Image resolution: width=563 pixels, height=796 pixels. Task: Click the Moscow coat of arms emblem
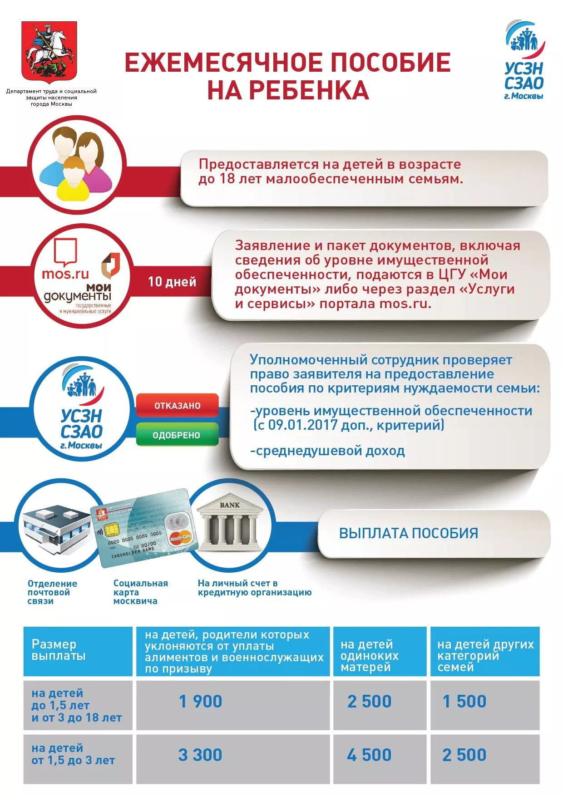(x=49, y=51)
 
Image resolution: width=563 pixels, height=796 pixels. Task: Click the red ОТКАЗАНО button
(x=177, y=406)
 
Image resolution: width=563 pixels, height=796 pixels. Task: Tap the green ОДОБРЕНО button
(x=177, y=435)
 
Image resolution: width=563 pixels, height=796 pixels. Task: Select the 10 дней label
(x=172, y=282)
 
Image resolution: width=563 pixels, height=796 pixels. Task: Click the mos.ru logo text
(x=65, y=274)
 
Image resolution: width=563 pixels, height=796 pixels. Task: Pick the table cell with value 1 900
(x=201, y=702)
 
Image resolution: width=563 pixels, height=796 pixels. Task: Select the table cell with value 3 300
(x=200, y=755)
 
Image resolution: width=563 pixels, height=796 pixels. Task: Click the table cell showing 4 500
(x=369, y=755)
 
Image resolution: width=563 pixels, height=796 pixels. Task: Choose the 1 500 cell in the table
(x=464, y=702)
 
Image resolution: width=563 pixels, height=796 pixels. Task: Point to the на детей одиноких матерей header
(x=370, y=655)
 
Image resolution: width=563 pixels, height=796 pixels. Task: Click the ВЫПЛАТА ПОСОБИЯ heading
(x=409, y=533)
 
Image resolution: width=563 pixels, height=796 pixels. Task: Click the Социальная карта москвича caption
(x=140, y=592)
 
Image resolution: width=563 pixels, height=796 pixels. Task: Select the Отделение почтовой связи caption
(x=52, y=592)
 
